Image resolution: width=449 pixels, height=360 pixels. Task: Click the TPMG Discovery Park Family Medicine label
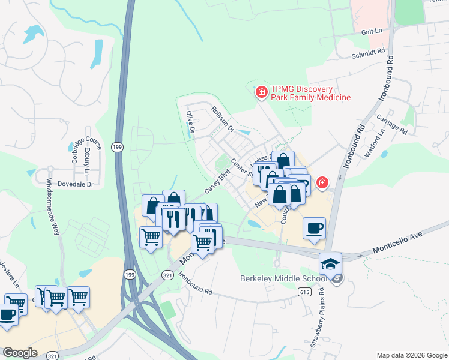[x=310, y=93]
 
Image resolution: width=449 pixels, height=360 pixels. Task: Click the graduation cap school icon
[x=330, y=263]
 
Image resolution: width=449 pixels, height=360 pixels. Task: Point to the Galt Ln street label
[x=372, y=31]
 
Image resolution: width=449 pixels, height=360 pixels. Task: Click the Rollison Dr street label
[x=222, y=119]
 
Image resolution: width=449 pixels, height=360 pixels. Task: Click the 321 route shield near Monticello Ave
[x=167, y=275]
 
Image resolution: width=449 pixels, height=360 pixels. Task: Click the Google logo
[x=20, y=353]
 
